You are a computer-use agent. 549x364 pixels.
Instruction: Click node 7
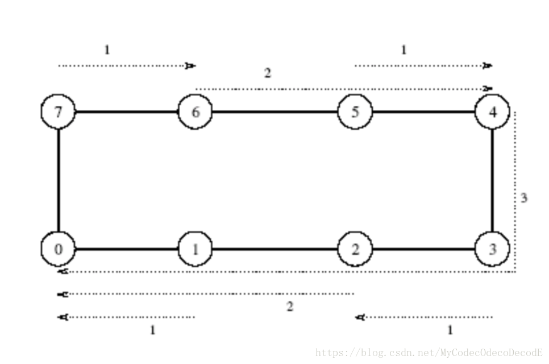point(58,111)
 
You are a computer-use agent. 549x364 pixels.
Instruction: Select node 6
point(195,111)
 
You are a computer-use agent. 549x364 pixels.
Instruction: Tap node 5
point(355,111)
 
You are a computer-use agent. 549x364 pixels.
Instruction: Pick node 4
point(492,111)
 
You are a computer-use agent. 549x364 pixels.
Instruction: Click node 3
point(492,249)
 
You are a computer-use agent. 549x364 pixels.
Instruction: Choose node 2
point(355,249)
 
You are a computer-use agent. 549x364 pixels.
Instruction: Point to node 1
point(195,249)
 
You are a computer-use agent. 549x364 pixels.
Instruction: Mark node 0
point(58,249)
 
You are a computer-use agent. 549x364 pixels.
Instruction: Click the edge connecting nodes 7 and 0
point(58,180)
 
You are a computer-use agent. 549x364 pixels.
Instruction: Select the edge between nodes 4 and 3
point(492,180)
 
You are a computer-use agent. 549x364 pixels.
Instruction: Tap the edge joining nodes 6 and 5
point(275,111)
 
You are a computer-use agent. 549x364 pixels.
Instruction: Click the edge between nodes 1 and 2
point(275,249)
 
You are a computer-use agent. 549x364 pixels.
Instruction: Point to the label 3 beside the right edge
point(524,198)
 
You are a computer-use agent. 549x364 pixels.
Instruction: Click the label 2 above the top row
point(267,73)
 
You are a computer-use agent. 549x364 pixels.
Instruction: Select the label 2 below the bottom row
point(290,307)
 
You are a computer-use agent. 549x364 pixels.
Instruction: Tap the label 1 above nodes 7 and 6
point(107,50)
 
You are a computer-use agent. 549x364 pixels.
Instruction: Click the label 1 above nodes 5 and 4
point(404,50)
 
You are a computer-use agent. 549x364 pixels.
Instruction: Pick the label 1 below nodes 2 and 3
point(450,330)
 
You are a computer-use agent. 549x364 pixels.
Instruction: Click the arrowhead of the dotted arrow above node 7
point(191,66)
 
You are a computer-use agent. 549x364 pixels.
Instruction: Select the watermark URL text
point(429,353)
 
